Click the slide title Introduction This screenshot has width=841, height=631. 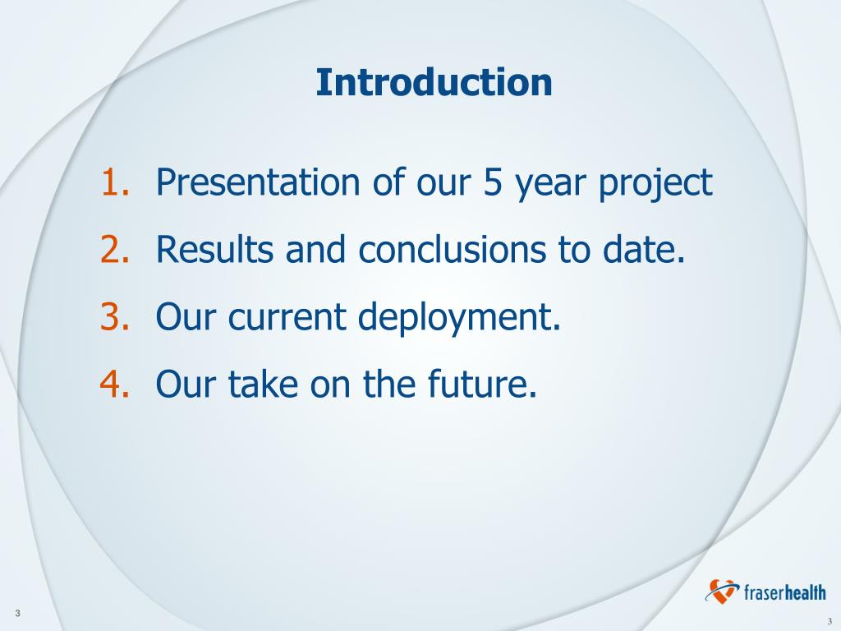434,83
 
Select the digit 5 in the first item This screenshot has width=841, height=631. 493,182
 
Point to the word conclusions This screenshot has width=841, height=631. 453,249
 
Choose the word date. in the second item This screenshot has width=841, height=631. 644,249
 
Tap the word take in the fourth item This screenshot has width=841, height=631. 263,384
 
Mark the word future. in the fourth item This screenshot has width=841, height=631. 482,384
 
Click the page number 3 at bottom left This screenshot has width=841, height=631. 18,613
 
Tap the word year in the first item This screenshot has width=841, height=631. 550,185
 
